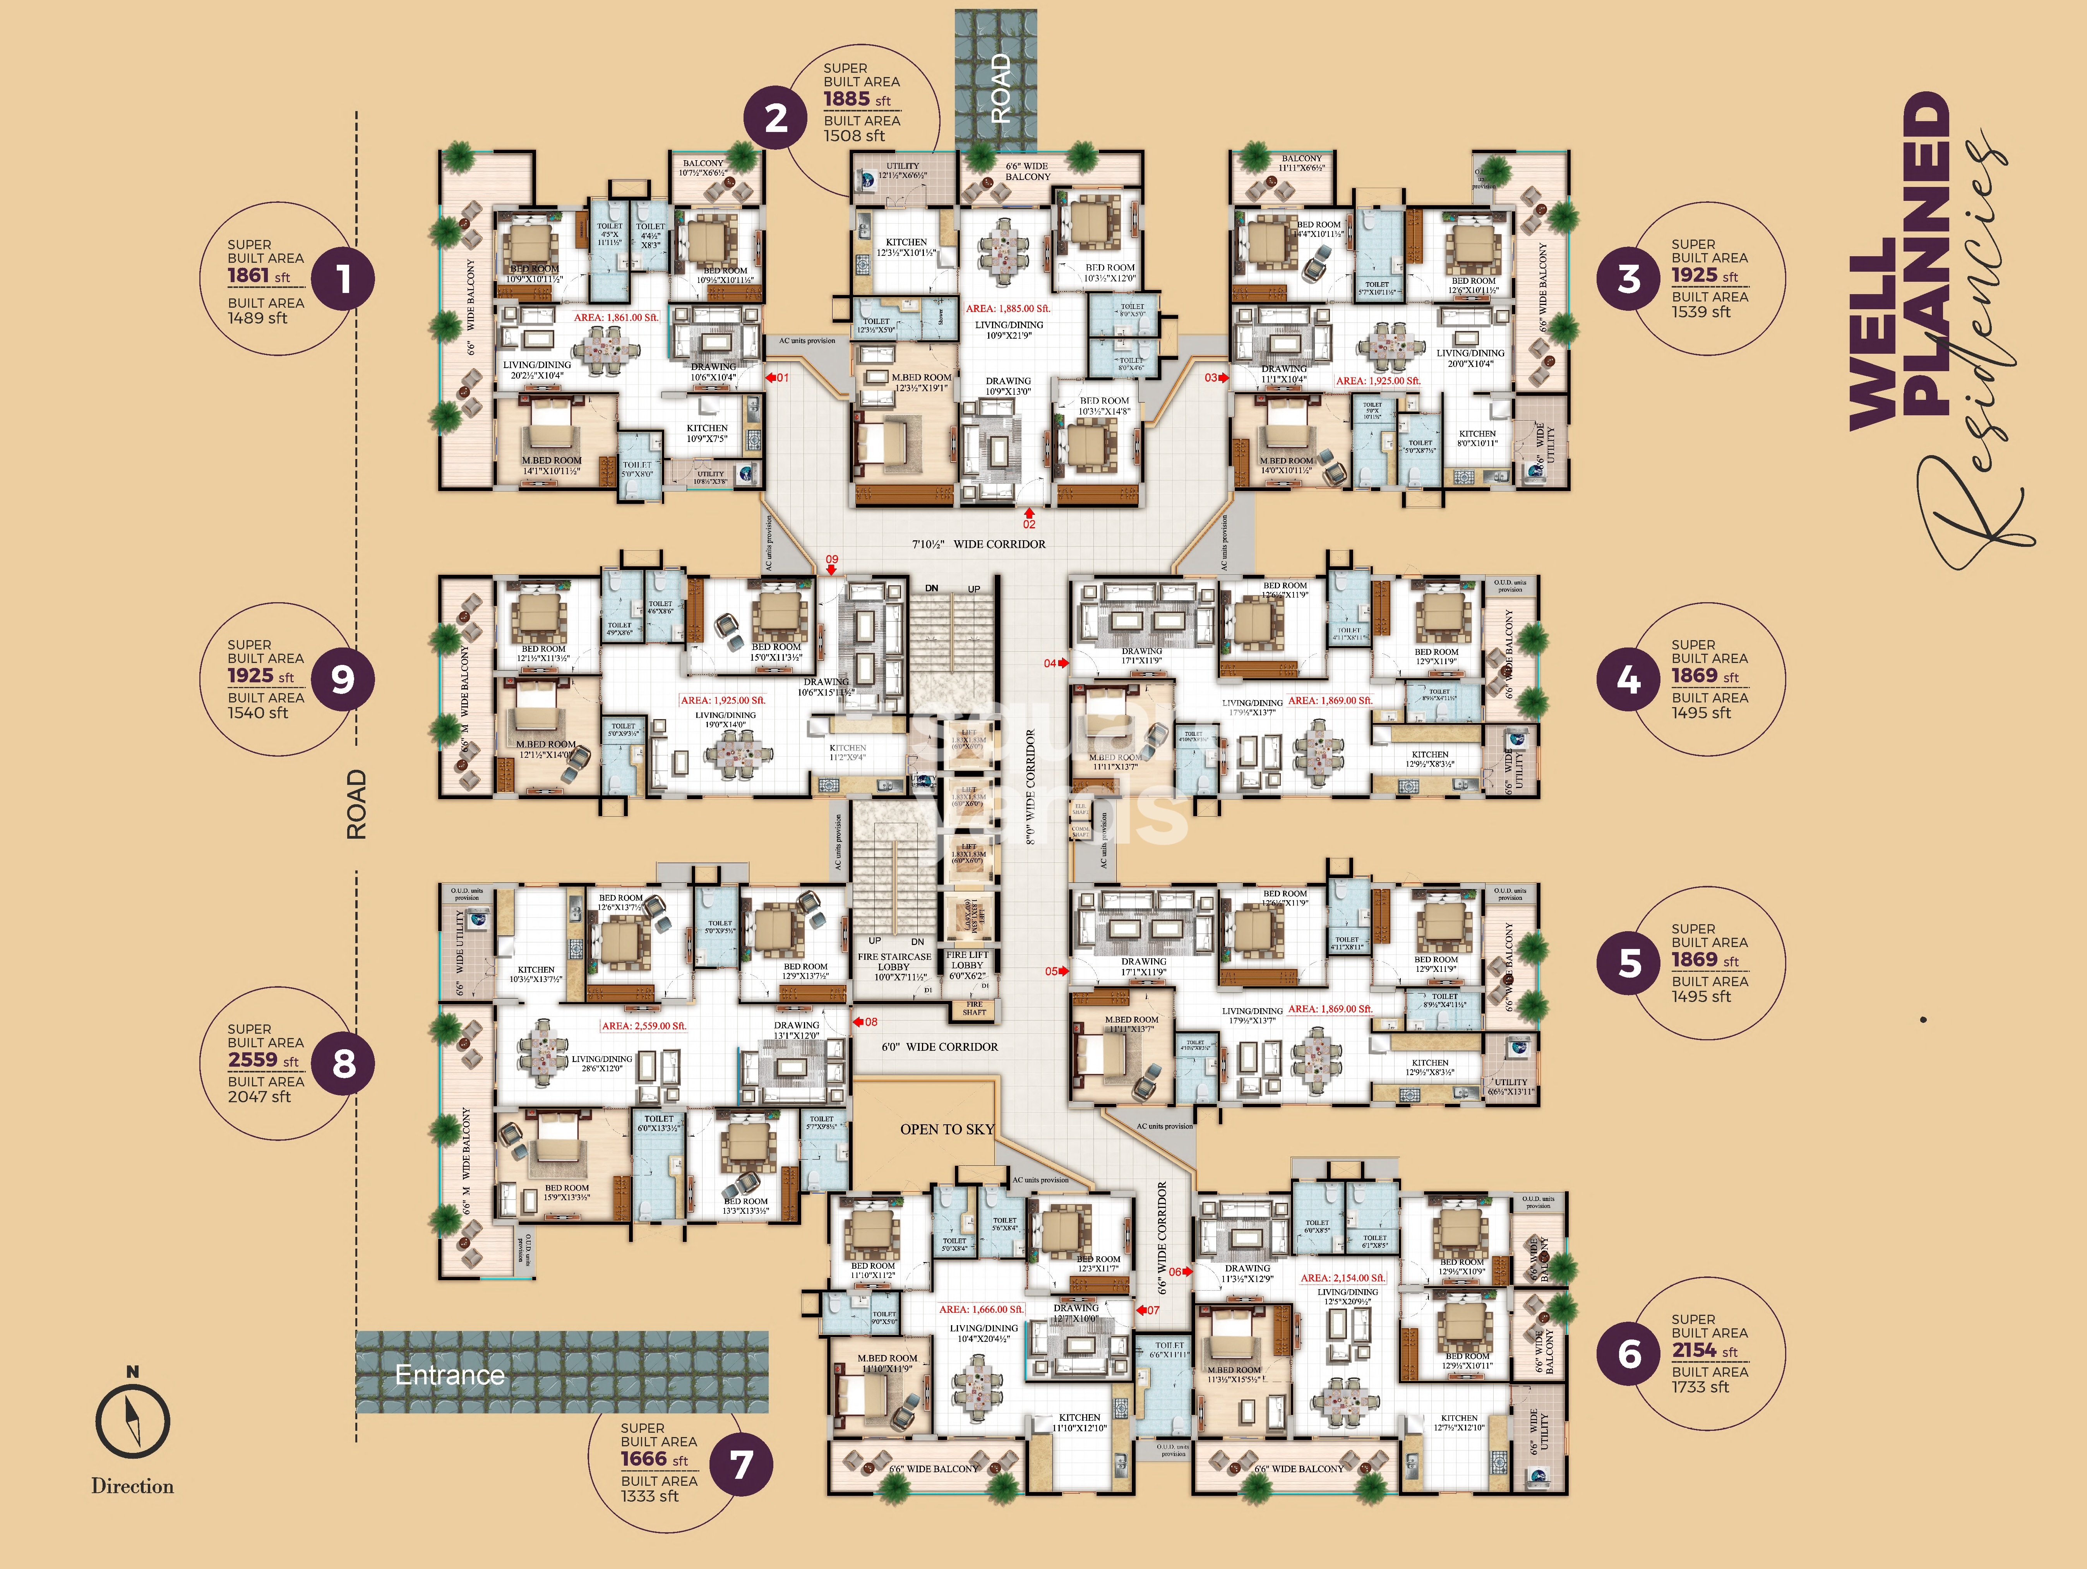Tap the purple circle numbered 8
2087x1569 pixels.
[x=343, y=1063]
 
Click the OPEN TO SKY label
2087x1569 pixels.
[x=946, y=1129]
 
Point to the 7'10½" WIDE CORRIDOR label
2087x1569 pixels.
[x=978, y=545]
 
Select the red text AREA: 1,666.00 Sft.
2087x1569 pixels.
[x=980, y=1310]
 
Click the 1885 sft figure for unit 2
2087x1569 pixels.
[x=846, y=99]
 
